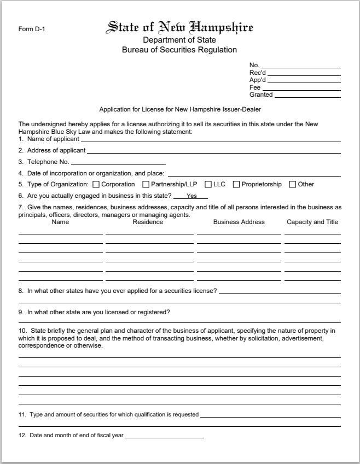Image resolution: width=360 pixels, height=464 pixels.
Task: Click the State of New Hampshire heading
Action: pyautogui.click(x=179, y=27)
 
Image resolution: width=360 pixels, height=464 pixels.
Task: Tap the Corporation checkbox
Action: pyautogui.click(x=96, y=184)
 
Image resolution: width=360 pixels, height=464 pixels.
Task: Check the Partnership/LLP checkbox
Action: pyautogui.click(x=146, y=184)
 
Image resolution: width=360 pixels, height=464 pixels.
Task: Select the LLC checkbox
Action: pyautogui.click(x=201, y=184)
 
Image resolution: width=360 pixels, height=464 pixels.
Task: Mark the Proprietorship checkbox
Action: pyautogui.click(x=236, y=184)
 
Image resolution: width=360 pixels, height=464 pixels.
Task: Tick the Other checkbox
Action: pyautogui.click(x=293, y=184)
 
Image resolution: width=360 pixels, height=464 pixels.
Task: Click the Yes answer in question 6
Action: pyautogui.click(x=191, y=196)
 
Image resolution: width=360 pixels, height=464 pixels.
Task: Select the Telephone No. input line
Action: pyautogui.click(x=118, y=163)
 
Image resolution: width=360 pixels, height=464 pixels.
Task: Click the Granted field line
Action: pyautogui.click(x=307, y=96)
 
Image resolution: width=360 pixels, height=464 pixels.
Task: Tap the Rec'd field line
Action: pyautogui.click(x=304, y=73)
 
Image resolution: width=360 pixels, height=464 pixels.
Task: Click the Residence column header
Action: pyautogui.click(x=148, y=222)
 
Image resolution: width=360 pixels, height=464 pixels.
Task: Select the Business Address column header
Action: pyautogui.click(x=239, y=222)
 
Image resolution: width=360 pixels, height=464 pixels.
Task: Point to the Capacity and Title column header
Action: pyautogui.click(x=312, y=222)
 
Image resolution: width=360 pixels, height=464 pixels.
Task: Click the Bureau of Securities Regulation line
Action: pyautogui.click(x=179, y=50)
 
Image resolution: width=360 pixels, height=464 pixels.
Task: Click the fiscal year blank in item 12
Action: pyautogui.click(x=164, y=436)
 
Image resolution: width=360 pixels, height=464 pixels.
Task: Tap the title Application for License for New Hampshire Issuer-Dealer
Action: pyautogui.click(x=180, y=110)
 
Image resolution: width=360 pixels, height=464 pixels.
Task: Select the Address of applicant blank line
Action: pyautogui.click(x=213, y=151)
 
